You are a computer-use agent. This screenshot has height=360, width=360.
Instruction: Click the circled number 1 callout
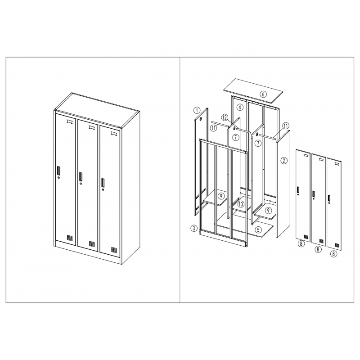click(x=197, y=110)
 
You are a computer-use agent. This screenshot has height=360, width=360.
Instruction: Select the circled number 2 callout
click(x=284, y=161)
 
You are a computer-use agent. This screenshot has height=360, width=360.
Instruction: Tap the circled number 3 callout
click(x=194, y=228)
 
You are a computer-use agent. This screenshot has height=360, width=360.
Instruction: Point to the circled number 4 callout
click(x=240, y=107)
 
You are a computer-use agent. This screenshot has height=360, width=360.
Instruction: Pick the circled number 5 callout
click(x=258, y=229)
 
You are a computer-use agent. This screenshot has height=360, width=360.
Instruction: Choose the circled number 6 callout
click(x=263, y=94)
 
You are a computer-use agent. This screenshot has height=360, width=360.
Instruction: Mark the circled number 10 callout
click(x=241, y=204)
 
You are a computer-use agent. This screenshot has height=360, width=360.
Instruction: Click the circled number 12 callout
click(x=225, y=118)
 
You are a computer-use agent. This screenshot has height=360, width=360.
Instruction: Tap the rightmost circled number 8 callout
click(x=333, y=254)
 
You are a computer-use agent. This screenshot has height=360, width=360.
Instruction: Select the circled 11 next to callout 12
click(x=214, y=128)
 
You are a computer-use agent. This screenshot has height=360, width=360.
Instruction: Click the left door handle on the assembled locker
click(x=58, y=171)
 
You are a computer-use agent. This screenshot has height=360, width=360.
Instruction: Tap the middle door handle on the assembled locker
click(x=81, y=176)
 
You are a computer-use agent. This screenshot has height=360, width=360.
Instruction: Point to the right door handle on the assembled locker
click(x=103, y=182)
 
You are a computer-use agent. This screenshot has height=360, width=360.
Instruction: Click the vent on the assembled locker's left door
click(x=70, y=238)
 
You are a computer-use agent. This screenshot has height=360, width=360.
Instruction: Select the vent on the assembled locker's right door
click(x=114, y=249)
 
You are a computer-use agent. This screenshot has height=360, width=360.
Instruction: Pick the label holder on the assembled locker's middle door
click(x=92, y=127)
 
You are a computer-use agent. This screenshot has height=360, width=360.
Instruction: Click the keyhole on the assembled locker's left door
click(x=59, y=177)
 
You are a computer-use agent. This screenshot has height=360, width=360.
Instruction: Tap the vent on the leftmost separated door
click(x=306, y=237)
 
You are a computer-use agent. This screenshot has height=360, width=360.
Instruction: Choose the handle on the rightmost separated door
click(x=329, y=198)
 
